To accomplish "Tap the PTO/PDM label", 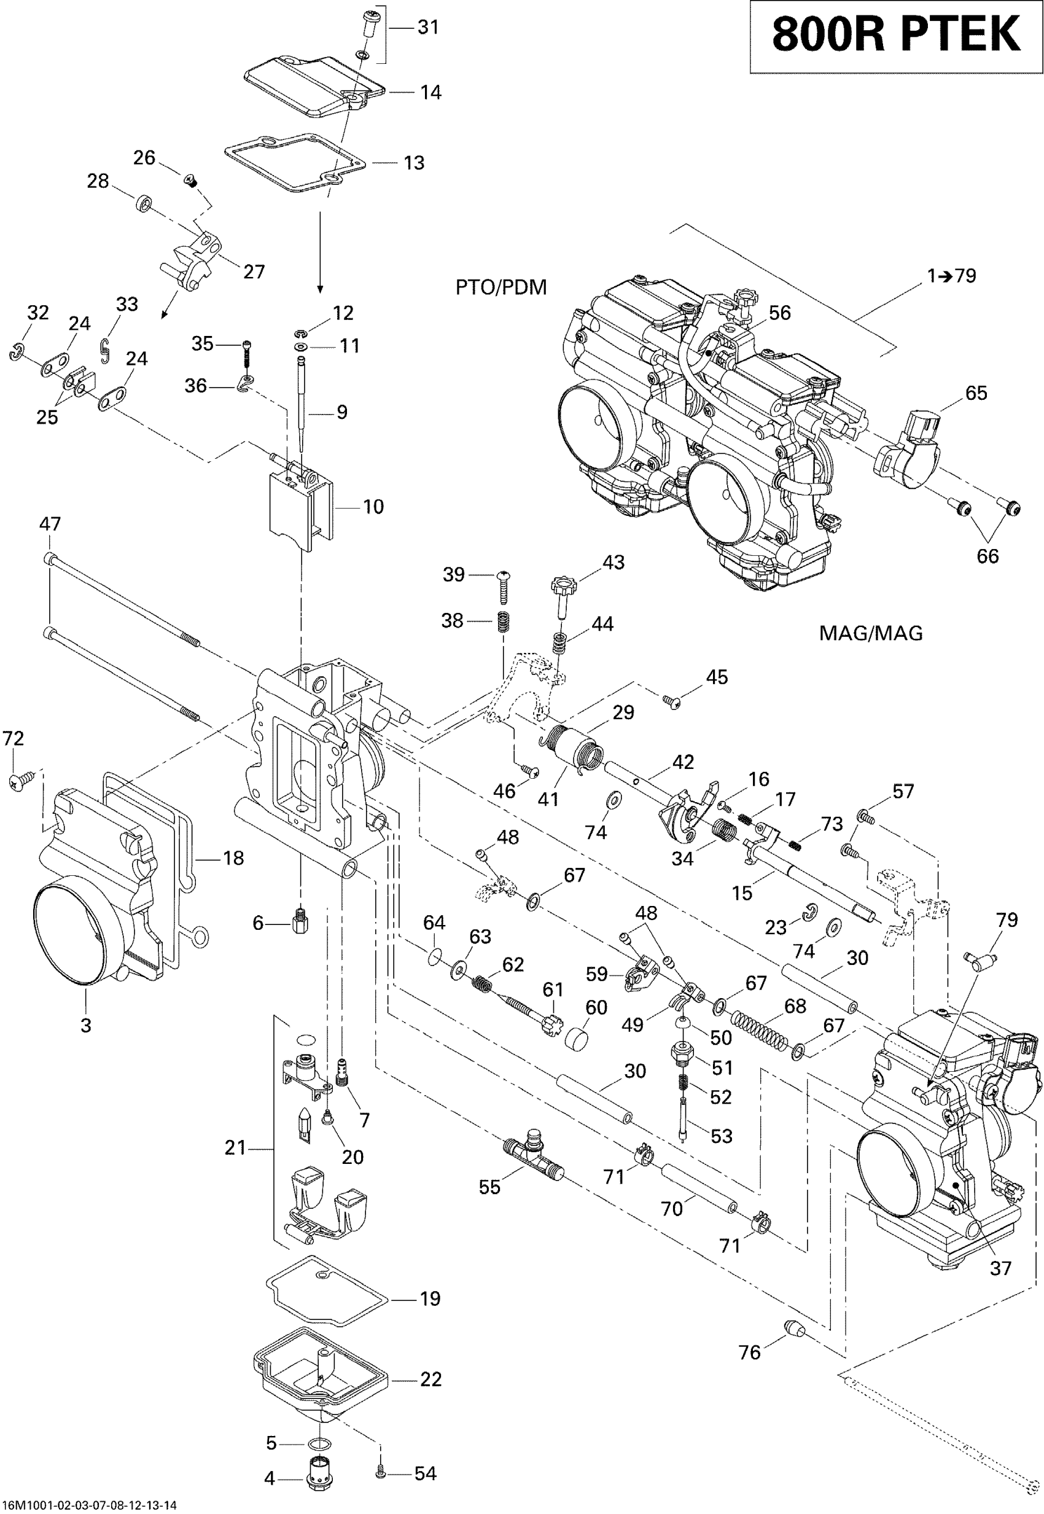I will (x=501, y=287).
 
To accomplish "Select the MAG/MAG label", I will (x=871, y=633).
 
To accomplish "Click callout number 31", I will (x=428, y=28).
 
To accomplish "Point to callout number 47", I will (x=50, y=523).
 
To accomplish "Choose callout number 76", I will (x=750, y=1352).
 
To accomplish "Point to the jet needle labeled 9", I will (x=302, y=405).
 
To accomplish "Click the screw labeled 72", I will (x=17, y=781).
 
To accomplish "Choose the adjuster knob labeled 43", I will (x=563, y=589).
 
